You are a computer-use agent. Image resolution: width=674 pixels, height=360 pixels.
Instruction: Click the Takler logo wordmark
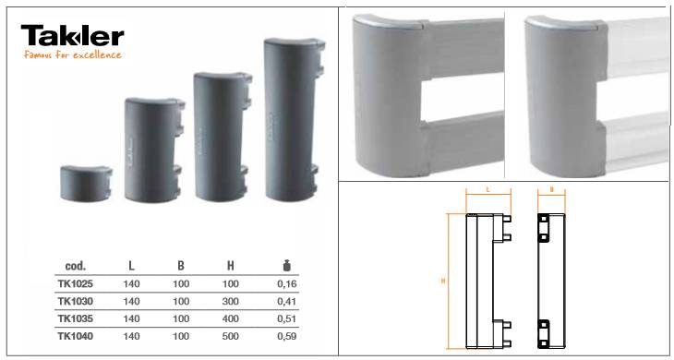tap(72, 36)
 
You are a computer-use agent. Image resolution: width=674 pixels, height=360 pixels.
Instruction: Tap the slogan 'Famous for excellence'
tap(73, 55)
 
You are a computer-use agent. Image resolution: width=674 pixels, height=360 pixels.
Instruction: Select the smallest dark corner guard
tap(86, 184)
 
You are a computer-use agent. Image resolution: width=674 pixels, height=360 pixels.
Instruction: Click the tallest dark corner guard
tap(295, 119)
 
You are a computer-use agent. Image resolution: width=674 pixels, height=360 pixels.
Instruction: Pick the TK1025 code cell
tap(75, 284)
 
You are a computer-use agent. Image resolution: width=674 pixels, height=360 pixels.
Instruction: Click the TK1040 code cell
tap(75, 336)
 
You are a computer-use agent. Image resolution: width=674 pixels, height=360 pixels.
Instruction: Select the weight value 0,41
tap(287, 302)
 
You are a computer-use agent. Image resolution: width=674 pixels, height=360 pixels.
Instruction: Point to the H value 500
tap(231, 336)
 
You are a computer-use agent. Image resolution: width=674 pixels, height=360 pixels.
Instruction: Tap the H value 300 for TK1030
tap(231, 302)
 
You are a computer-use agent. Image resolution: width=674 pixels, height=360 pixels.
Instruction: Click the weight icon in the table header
tap(287, 266)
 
